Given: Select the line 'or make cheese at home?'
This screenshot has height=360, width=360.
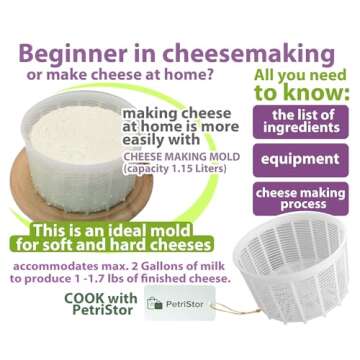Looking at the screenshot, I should (x=111, y=79).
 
